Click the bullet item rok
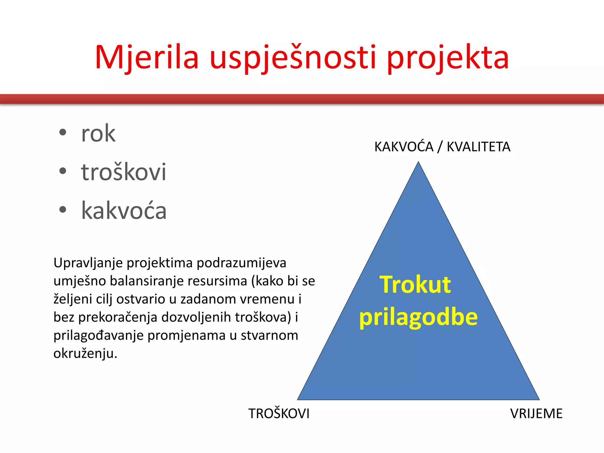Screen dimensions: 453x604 pyautogui.click(x=98, y=134)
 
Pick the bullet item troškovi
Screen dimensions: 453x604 pyautogui.click(x=124, y=172)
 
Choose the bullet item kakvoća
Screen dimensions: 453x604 pyautogui.click(x=124, y=211)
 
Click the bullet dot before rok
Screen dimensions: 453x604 pyautogui.click(x=63, y=132)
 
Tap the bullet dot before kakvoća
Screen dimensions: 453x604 pyautogui.click(x=63, y=210)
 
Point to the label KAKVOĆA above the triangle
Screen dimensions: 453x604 pyautogui.click(x=404, y=147)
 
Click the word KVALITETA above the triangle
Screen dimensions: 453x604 pyautogui.click(x=478, y=147)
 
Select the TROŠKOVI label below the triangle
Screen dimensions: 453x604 pyautogui.click(x=279, y=413)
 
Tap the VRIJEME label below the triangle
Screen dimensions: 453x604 pyautogui.click(x=536, y=413)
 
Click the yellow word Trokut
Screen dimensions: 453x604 pyautogui.click(x=415, y=285)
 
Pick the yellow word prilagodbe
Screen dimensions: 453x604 pyautogui.click(x=418, y=318)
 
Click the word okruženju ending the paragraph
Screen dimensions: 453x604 pyautogui.click(x=85, y=353)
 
